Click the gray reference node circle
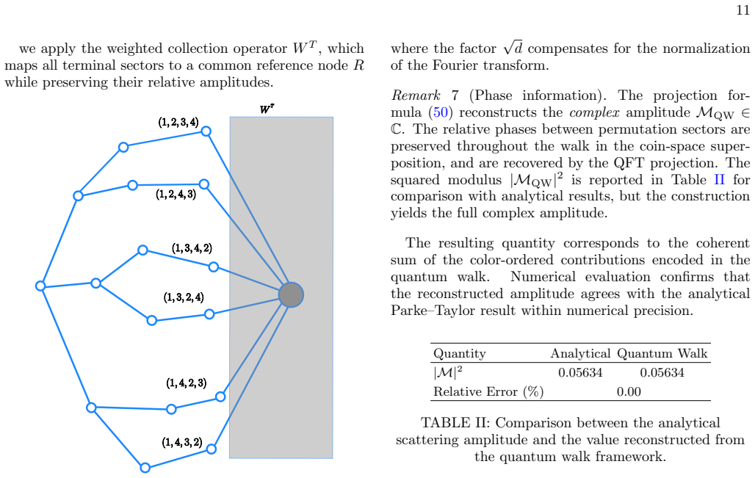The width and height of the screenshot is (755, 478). click(291, 294)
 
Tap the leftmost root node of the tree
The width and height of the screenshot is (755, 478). click(40, 286)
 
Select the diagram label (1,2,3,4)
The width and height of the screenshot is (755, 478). click(178, 123)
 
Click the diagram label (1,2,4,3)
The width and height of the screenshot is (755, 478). click(176, 195)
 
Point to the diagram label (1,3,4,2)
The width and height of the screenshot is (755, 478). click(192, 248)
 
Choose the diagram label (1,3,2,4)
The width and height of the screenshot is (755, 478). click(184, 297)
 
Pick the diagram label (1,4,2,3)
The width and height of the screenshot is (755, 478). click(187, 383)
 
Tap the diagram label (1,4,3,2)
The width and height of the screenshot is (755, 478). click(182, 442)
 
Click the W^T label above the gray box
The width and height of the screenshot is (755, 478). click(267, 109)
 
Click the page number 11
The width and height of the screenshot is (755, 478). click(743, 10)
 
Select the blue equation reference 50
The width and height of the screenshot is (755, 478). click(440, 112)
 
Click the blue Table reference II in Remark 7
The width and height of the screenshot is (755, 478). click(719, 180)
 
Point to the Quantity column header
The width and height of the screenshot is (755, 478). click(459, 354)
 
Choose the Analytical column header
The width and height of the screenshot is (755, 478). click(580, 354)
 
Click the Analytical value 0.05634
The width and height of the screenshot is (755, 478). click(580, 372)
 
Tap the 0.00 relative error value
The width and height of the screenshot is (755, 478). click(629, 392)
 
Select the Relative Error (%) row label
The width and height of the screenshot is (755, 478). click(488, 392)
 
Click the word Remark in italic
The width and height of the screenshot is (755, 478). click(416, 95)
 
